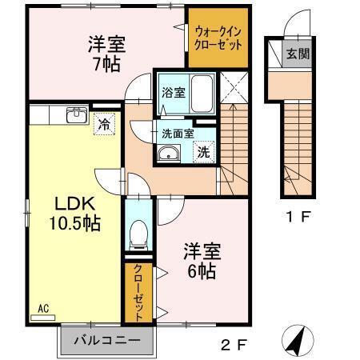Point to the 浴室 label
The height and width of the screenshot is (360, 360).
coord(173,91)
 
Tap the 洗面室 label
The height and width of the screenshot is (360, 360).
coord(178,133)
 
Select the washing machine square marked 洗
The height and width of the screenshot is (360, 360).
coord(204,150)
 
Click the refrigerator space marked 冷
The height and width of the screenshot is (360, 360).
coord(105,123)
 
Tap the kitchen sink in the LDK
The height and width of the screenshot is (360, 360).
coord(77,113)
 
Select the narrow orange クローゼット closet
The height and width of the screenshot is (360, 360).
coord(138,291)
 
